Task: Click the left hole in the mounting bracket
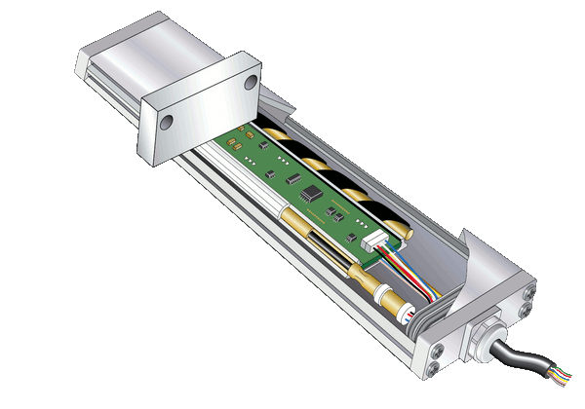(x=166, y=122)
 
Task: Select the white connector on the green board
(x=376, y=245)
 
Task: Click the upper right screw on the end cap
(x=528, y=289)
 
